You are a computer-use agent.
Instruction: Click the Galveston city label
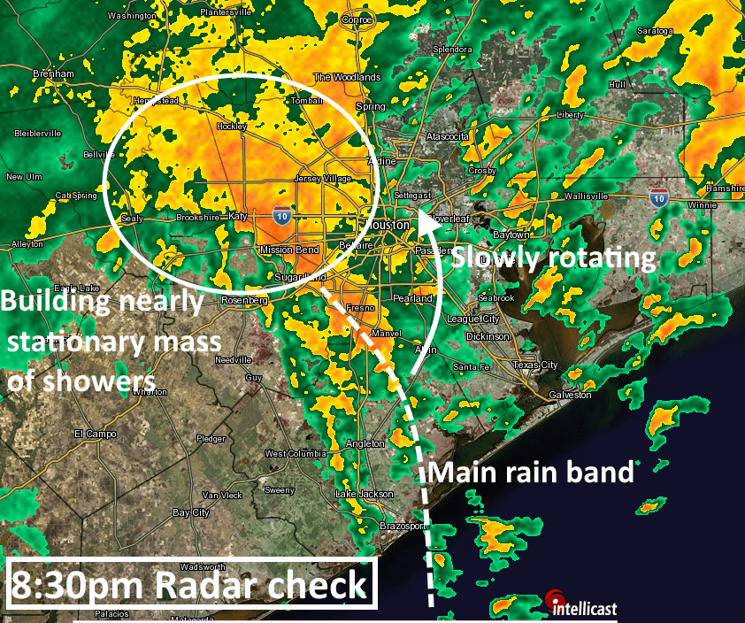(x=570, y=395)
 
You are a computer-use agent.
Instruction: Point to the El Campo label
(x=90, y=434)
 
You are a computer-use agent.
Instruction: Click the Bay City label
(x=191, y=512)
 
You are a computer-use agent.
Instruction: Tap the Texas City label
(x=535, y=365)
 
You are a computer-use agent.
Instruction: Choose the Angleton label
(x=366, y=443)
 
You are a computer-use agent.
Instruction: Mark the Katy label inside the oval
(x=237, y=216)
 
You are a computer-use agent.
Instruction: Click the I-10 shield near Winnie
(x=657, y=196)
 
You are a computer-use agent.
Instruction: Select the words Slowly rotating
(x=554, y=258)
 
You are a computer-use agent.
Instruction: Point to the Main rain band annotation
(x=531, y=472)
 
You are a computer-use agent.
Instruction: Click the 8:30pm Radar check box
(x=190, y=584)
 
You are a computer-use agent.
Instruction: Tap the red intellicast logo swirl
(x=556, y=596)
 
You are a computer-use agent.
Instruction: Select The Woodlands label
(x=347, y=77)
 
